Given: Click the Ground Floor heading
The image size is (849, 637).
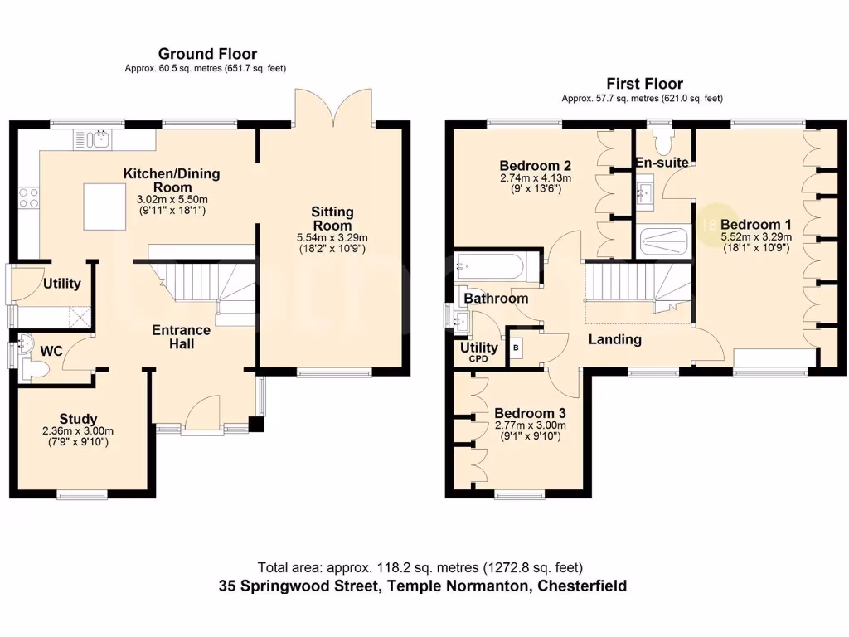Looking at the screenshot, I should point(207,55).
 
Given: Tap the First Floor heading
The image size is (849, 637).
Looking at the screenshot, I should point(644,84).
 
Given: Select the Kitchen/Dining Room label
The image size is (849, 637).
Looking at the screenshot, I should point(172,180).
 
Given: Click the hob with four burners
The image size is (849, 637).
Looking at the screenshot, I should point(28,197).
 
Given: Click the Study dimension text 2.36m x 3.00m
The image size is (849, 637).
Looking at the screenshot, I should point(78,431).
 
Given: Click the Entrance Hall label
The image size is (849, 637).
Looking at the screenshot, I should point(181,336).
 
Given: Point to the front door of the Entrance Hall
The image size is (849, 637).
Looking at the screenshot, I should point(202,413).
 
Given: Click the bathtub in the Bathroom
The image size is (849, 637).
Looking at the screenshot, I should point(489,268).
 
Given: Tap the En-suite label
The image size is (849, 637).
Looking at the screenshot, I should point(662,163).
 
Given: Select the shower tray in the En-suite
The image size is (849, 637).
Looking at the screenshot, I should point(664,241).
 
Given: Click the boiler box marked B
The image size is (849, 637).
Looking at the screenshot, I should point(517,348).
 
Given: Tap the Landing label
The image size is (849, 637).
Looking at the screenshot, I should point(614,338).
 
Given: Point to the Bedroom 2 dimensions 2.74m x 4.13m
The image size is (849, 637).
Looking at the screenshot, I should point(535,177).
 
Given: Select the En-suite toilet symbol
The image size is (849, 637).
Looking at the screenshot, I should point(663,133).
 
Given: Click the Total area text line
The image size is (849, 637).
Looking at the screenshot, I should point(420,568).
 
